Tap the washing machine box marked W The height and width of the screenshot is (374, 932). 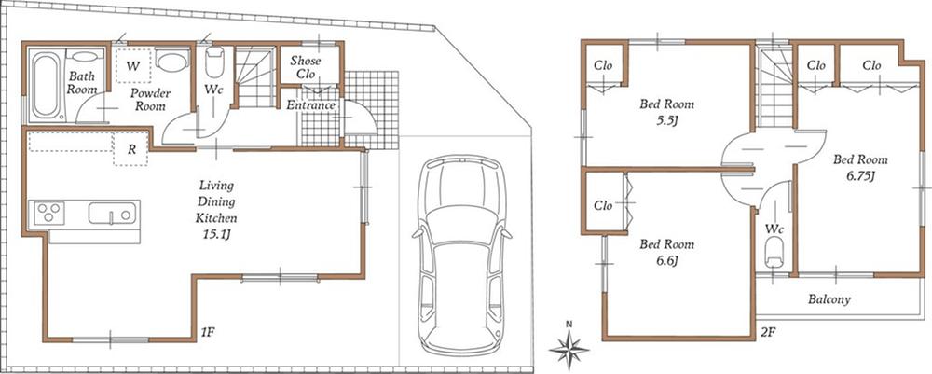(133, 65)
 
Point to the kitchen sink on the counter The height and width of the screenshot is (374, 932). (114, 214)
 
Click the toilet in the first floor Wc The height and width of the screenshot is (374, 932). (213, 64)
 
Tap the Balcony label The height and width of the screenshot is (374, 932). (829, 300)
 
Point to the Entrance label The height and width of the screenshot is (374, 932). (310, 105)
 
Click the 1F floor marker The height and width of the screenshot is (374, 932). (209, 330)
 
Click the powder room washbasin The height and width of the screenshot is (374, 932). (171, 62)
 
